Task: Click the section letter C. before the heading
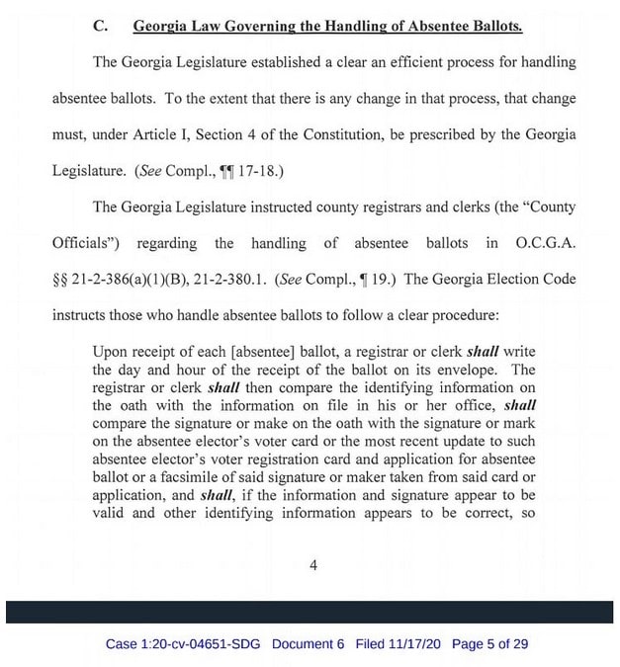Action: coord(99,26)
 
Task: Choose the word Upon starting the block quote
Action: coord(109,352)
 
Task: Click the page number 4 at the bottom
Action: coord(313,566)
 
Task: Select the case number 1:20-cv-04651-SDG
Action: coord(185,644)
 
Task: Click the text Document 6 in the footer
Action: coord(308,644)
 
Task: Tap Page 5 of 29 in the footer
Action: coord(489,644)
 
